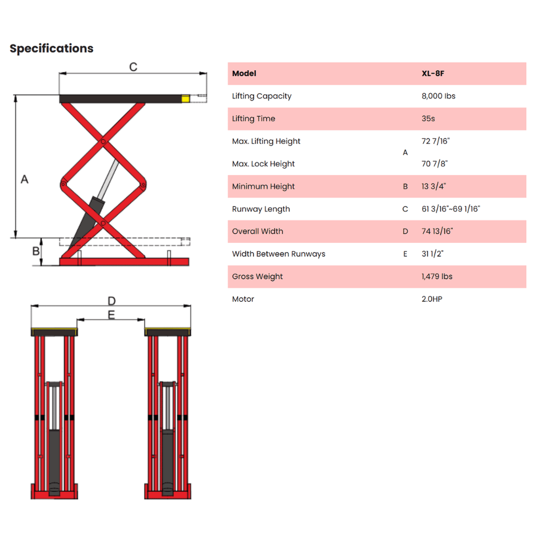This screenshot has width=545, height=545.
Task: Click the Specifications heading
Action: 52,48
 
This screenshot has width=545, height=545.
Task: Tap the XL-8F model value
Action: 433,73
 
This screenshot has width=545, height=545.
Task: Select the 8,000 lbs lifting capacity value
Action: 439,96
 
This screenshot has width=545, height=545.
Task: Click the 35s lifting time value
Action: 428,119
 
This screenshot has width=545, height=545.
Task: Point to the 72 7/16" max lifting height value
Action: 435,141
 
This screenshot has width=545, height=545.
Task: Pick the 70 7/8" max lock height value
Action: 434,163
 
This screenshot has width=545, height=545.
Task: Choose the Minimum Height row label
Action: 263,187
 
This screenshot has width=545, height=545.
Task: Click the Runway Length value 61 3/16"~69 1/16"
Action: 451,209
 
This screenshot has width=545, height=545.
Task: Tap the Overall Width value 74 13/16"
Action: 437,231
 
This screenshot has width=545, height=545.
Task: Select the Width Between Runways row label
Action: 278,254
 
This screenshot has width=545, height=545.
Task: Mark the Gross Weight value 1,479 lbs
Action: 437,276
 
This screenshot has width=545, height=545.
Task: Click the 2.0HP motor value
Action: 432,299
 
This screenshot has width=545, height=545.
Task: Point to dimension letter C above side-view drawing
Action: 133,67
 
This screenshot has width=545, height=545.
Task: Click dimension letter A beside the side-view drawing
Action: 24,179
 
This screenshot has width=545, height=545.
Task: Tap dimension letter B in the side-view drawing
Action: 36,251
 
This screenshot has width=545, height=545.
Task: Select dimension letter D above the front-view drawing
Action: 112,301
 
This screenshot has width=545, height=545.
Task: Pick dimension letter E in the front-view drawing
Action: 111,315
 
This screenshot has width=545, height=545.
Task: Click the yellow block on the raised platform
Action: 186,99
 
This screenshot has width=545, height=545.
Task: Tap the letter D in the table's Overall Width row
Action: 405,232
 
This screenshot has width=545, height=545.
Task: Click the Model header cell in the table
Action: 244,73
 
